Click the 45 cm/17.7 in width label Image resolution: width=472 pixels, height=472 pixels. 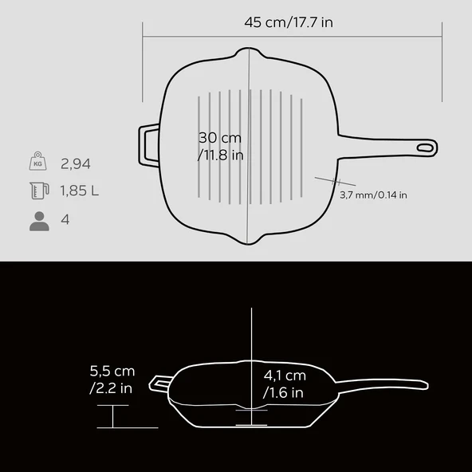[x=289, y=22]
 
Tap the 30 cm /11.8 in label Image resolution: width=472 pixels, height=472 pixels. [x=220, y=147]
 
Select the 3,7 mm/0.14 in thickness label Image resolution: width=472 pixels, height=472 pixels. [x=373, y=195]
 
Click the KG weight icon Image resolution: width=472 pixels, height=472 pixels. [x=37, y=161]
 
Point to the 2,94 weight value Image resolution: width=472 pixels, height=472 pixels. [x=76, y=164]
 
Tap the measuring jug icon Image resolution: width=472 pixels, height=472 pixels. [x=39, y=191]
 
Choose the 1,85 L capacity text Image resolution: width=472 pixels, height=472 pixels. [x=80, y=191]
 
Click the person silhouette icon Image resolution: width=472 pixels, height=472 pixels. [x=39, y=222]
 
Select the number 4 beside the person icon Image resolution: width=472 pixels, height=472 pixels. [x=65, y=219]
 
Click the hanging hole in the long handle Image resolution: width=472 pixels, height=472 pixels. [x=425, y=147]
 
